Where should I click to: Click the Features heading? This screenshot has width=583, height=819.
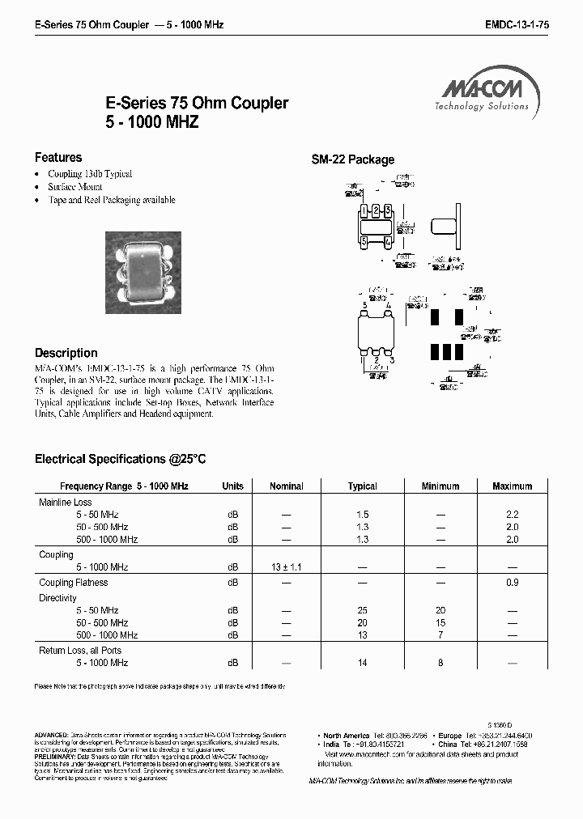58,158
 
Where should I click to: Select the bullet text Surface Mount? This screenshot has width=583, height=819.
75,187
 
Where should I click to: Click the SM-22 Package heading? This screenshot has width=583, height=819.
353,159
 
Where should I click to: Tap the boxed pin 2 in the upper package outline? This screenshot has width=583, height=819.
377,211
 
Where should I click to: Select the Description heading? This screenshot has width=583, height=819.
66,353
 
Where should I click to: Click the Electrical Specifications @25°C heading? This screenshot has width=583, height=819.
121,459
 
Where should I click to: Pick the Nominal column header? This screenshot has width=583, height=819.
286,486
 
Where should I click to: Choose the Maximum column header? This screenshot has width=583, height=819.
512,486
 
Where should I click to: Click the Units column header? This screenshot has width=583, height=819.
232,486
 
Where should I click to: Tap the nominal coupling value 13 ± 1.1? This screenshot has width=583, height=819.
286,567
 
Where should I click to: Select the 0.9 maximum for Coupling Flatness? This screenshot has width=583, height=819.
512,583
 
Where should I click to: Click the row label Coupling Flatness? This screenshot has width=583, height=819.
74,583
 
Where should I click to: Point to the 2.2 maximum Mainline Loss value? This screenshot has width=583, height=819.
512,515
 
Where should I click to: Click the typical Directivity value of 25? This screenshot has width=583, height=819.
362,610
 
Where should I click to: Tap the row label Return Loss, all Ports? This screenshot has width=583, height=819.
79,651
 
